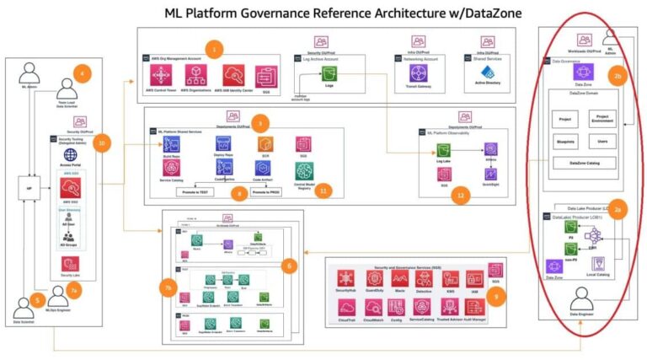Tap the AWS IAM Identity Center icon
[x=233, y=74]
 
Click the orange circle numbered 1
[x=214, y=49]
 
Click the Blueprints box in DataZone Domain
[x=563, y=142]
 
